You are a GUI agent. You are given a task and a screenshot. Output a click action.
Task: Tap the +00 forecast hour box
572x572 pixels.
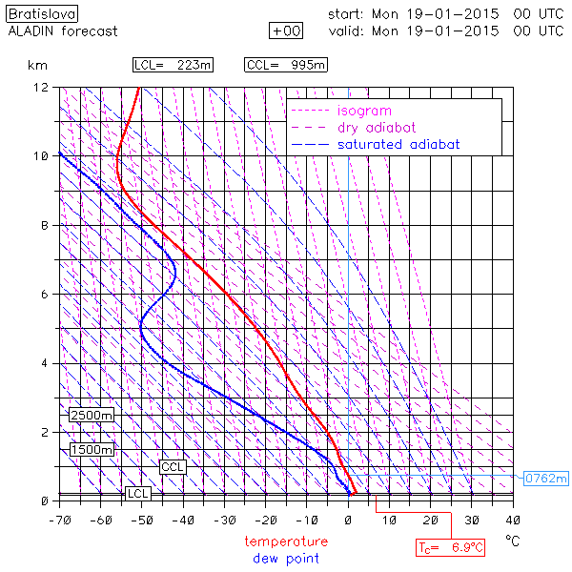tap(287, 31)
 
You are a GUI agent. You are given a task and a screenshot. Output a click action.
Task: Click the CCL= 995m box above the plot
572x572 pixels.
tap(287, 65)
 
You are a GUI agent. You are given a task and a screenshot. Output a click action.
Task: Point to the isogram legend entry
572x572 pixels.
tap(364, 111)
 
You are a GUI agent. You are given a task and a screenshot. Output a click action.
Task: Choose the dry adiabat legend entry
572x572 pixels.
tap(377, 128)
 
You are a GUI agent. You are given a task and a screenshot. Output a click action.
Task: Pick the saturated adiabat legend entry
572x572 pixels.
tap(398, 145)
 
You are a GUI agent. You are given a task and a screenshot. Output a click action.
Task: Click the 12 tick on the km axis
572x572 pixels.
tap(42, 88)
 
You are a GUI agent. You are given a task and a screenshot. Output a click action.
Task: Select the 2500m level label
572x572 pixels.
tap(92, 416)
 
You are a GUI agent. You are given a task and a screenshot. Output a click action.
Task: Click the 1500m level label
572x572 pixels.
tap(92, 450)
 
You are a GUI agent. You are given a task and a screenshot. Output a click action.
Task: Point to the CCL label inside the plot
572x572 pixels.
tap(173, 467)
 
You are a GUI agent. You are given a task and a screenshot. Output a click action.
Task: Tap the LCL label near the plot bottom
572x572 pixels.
tap(138, 494)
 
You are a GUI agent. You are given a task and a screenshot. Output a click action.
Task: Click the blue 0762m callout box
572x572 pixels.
tap(545, 478)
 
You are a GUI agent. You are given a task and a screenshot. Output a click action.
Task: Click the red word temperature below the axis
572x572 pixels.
tap(286, 541)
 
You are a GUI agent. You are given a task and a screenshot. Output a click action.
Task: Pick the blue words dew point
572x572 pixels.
tap(286, 558)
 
